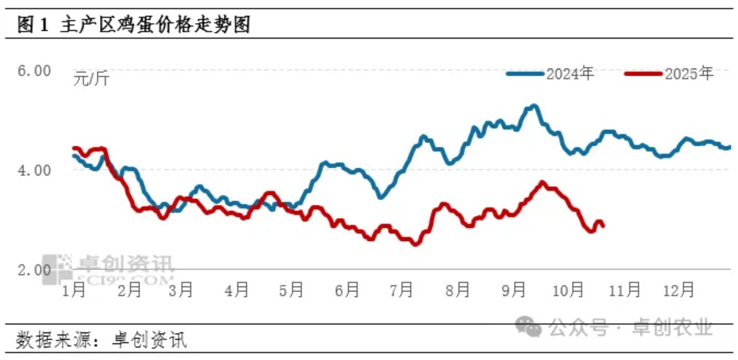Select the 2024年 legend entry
click(x=551, y=74)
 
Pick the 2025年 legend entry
click(x=669, y=74)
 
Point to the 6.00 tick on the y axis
click(x=34, y=71)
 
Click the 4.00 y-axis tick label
click(x=34, y=170)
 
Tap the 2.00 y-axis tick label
click(x=34, y=269)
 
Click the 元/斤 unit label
click(x=91, y=79)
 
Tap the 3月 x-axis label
click(x=180, y=290)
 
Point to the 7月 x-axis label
click(x=401, y=290)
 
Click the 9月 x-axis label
click(x=514, y=290)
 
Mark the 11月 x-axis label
click(x=624, y=290)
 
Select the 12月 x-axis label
click(x=678, y=290)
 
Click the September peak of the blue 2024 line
click(x=534, y=107)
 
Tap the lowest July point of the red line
click(x=415, y=243)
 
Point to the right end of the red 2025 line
click(x=603, y=226)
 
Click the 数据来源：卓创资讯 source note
click(x=101, y=339)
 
